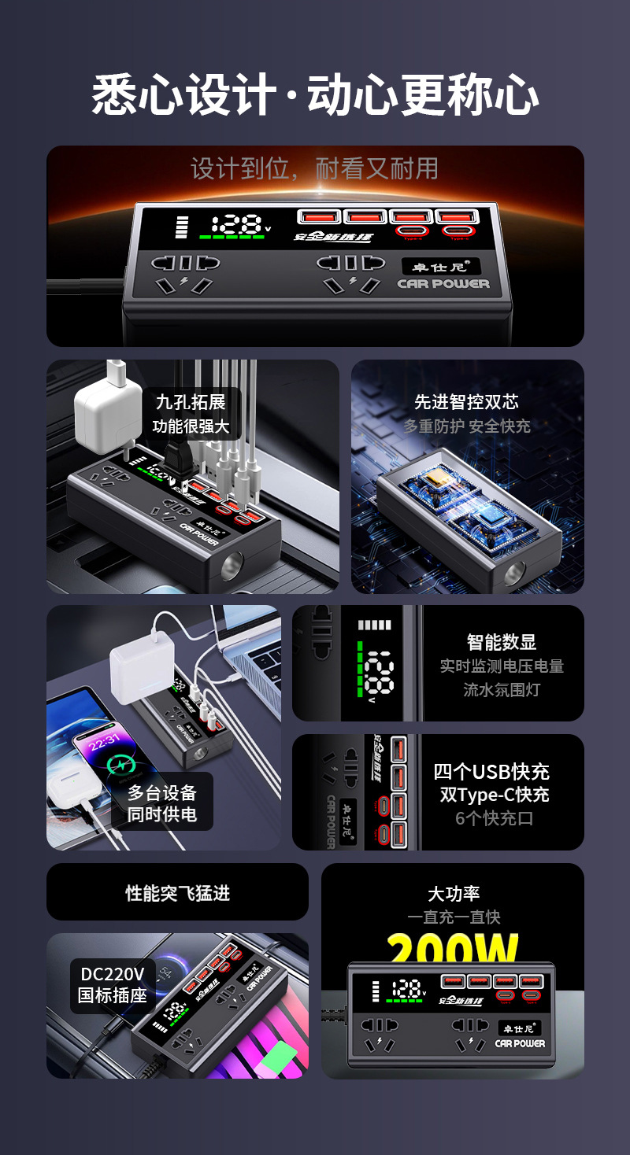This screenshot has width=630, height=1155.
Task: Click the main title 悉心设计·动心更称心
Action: click(x=315, y=97)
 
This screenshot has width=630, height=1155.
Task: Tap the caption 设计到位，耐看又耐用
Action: click(x=314, y=168)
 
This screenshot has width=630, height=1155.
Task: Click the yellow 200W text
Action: click(x=453, y=950)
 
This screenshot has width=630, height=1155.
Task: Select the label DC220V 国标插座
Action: click(x=113, y=984)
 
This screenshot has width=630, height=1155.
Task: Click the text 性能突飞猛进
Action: click(x=177, y=893)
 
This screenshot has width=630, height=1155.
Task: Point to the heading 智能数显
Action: click(x=502, y=642)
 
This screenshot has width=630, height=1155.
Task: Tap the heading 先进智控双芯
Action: click(x=467, y=401)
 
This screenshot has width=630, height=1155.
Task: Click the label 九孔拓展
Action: click(x=191, y=402)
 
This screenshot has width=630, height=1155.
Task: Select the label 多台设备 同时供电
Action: click(x=161, y=803)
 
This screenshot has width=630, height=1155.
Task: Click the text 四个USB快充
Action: click(x=491, y=772)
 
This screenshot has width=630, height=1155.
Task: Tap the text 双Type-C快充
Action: click(x=495, y=795)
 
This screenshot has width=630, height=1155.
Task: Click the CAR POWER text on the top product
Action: click(x=443, y=284)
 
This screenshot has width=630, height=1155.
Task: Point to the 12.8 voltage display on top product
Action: click(x=237, y=223)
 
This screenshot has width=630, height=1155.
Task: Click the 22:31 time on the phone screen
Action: click(x=103, y=739)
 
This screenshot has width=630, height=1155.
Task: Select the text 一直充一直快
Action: click(x=454, y=917)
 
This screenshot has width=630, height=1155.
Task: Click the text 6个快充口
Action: click(x=494, y=818)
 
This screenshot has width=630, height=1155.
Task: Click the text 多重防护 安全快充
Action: click(x=467, y=426)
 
